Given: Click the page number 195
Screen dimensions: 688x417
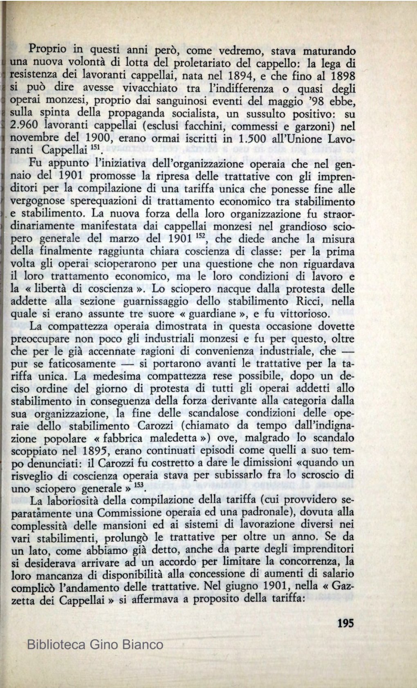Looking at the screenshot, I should pyautogui.click(x=346, y=623).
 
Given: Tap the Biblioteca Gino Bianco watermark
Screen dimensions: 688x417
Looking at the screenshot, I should pyautogui.click(x=95, y=645).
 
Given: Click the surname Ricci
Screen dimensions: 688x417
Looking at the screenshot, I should pyautogui.click(x=309, y=302).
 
